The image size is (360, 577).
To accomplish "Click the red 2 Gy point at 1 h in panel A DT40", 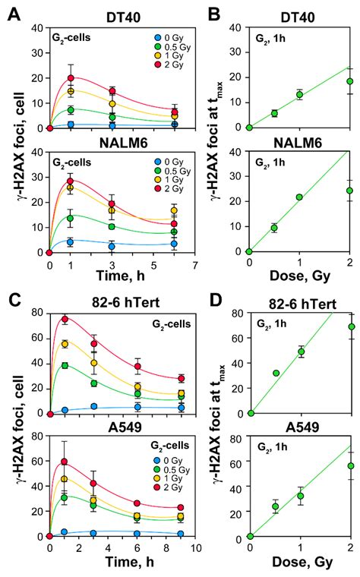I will tap(71, 77).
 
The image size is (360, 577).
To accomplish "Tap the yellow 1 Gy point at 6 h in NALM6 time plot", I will tap(175, 210).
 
